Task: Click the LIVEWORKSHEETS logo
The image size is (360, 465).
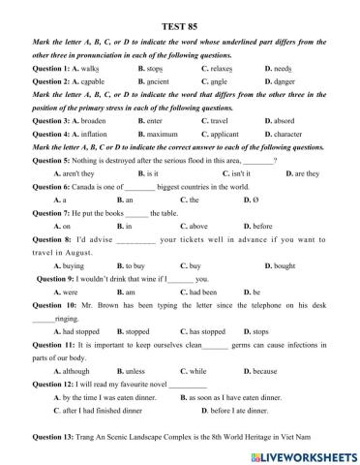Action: point(305,453)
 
